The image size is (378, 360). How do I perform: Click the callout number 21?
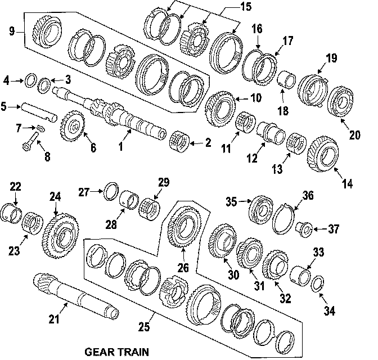pyautogui.click(x=53, y=320)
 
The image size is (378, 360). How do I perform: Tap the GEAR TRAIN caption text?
pyautogui.click(x=116, y=352)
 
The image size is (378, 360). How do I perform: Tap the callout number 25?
pyautogui.click(x=144, y=326)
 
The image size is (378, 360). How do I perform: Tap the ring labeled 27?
pyautogui.click(x=111, y=191)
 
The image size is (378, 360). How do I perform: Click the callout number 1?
pyautogui.click(x=120, y=147)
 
